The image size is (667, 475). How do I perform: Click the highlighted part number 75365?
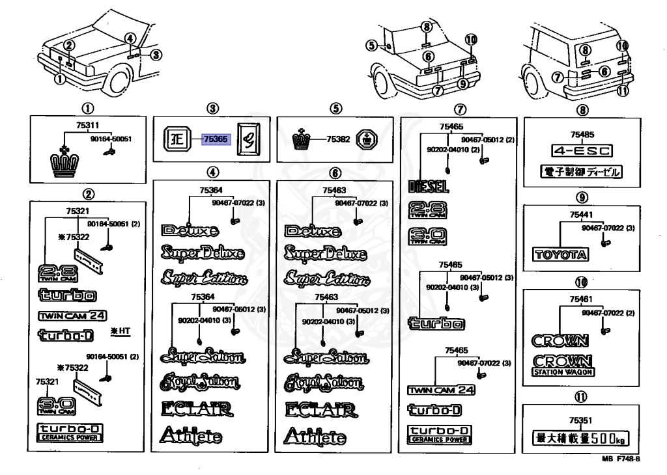pos(214,139)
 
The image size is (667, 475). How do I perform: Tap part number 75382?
pos(338,139)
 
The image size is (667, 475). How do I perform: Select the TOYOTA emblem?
pos(561,254)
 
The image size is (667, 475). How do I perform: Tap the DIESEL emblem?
pos(428,187)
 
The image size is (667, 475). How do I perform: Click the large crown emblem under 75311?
pos(65,163)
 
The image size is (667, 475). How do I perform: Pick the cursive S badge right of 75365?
pos(248,139)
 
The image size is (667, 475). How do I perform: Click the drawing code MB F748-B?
pos(620,458)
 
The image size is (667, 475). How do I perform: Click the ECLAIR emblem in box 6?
pos(320,409)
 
